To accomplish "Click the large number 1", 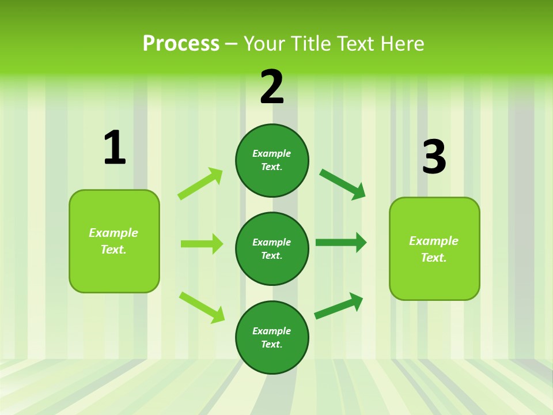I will click(x=115, y=148).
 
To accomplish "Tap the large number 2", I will click(x=272, y=87).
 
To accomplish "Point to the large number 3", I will click(x=434, y=157).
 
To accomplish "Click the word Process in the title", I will click(x=181, y=43).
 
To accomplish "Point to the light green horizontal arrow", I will click(x=202, y=244).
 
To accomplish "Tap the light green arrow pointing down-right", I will click(x=202, y=307).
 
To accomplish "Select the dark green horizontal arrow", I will click(x=340, y=243).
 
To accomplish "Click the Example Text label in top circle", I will click(x=272, y=160).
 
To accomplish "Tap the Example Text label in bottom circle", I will click(x=272, y=338).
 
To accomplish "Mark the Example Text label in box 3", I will click(x=434, y=249).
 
